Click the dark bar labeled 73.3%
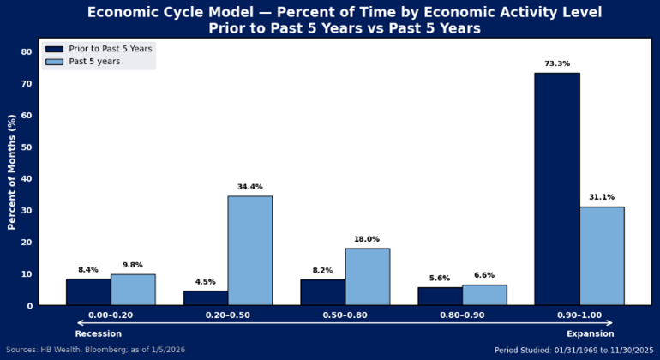(556, 189)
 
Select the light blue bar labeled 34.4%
(249, 250)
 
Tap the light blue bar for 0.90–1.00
(602, 255)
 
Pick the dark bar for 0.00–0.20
(87, 291)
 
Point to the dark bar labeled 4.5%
(205, 297)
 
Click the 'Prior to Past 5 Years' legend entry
(99, 49)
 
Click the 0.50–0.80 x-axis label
(345, 315)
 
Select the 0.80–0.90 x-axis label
(462, 315)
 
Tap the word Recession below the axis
(98, 333)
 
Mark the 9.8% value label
(133, 264)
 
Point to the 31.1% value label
(602, 197)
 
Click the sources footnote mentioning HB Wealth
(95, 350)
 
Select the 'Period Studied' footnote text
(573, 350)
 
